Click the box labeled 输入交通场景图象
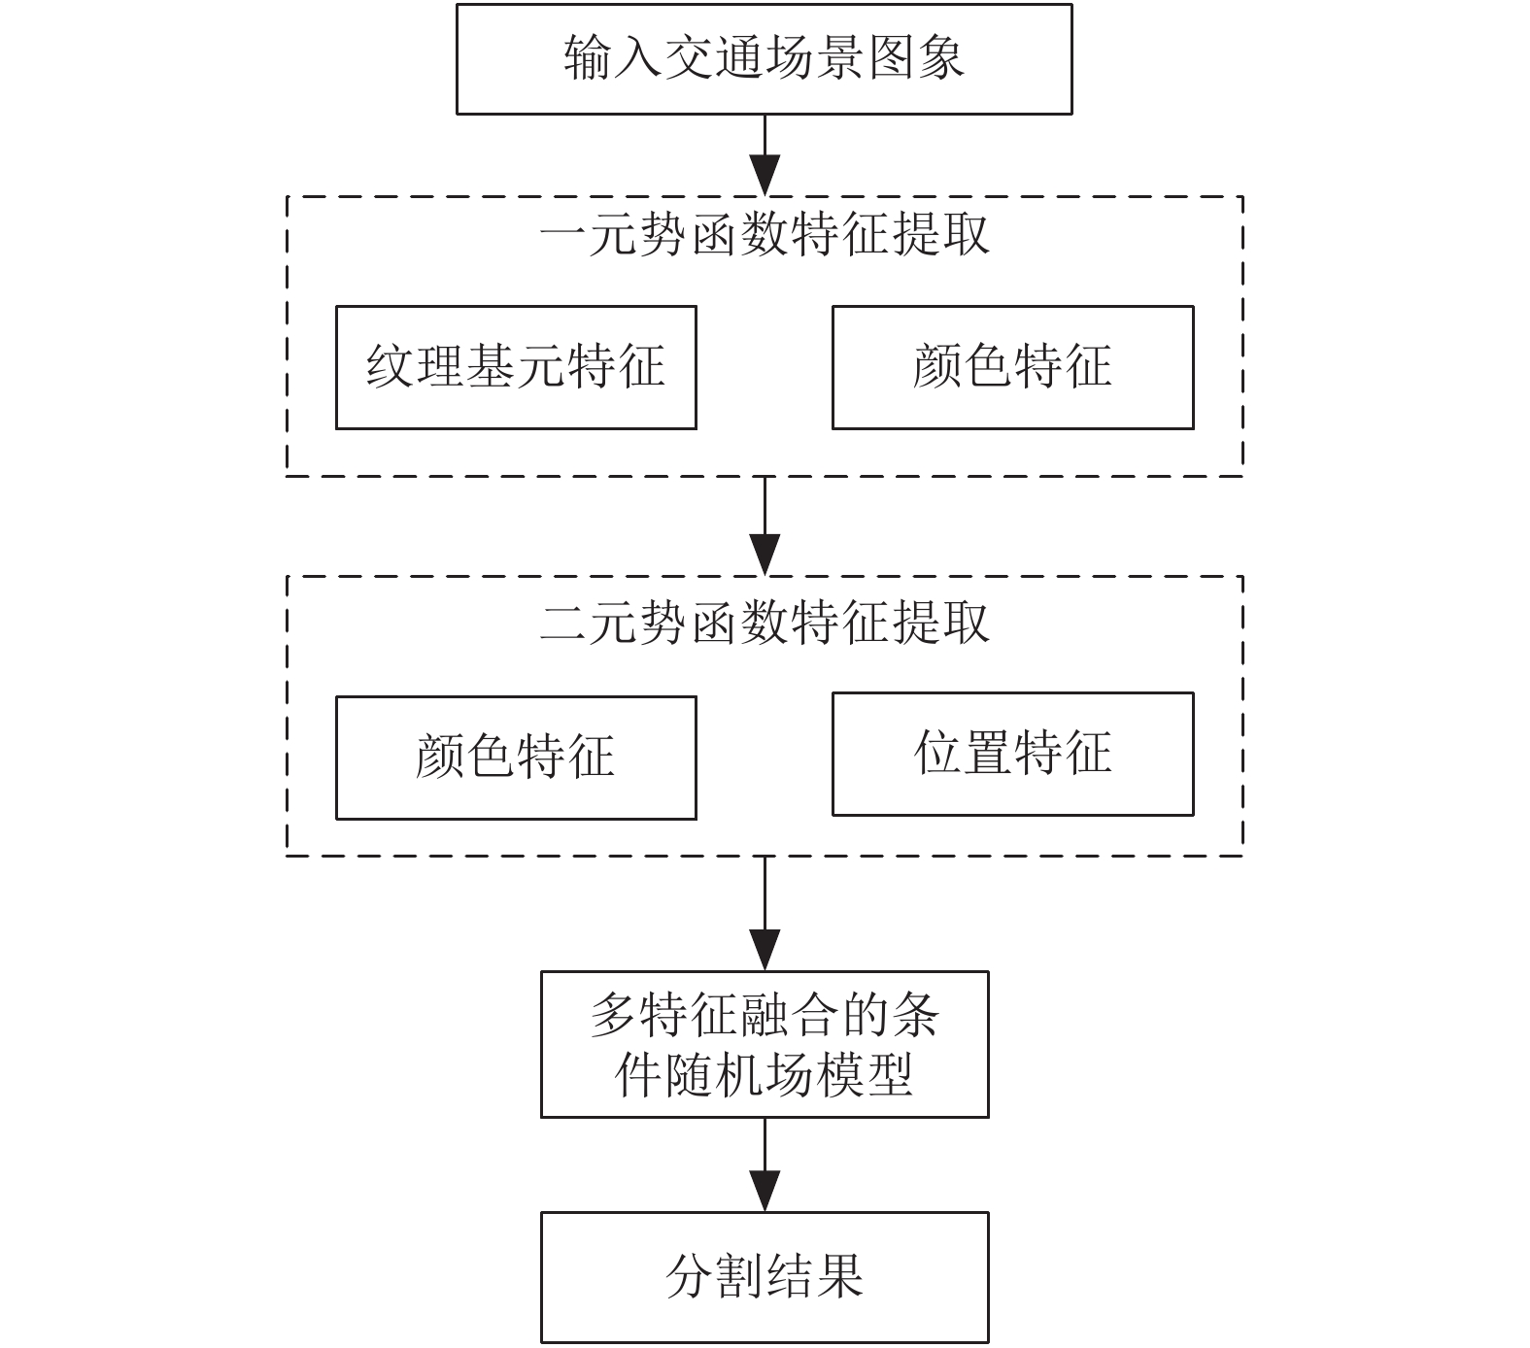click(x=764, y=59)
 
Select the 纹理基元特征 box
click(x=516, y=367)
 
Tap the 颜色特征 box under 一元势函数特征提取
click(x=1012, y=367)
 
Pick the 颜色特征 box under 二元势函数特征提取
click(x=516, y=758)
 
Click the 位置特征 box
click(x=1012, y=754)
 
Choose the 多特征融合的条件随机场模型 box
click(x=765, y=1044)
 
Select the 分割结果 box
click(x=765, y=1277)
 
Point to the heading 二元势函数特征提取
click(x=765, y=623)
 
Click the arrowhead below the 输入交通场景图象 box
click(x=765, y=177)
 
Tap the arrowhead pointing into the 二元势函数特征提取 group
click(x=765, y=556)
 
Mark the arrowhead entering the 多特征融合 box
click(x=765, y=950)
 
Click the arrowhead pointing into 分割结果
click(x=765, y=1191)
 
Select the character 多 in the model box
click(x=615, y=1016)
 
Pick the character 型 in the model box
click(x=889, y=1075)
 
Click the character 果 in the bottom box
click(x=839, y=1276)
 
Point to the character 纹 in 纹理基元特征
click(x=391, y=366)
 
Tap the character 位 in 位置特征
click(x=938, y=753)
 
